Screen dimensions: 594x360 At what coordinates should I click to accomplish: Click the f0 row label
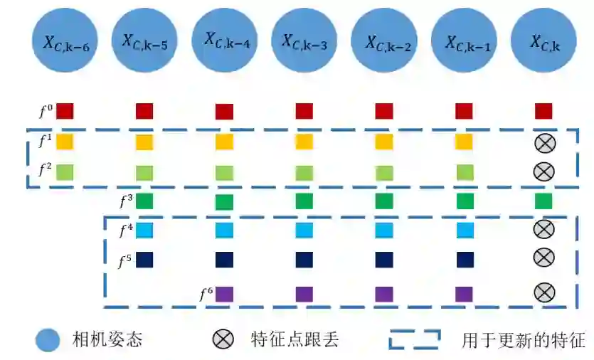45,111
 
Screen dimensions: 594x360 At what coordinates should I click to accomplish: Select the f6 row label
206,291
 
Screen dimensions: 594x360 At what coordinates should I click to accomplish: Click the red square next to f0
65,111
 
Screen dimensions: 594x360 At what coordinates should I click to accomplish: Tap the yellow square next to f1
65,142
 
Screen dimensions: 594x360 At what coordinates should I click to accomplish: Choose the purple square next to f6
225,293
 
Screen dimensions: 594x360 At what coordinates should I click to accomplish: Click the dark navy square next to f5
144,260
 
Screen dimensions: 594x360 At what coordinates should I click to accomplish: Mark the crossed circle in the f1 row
544,143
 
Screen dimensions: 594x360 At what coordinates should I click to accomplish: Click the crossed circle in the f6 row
544,291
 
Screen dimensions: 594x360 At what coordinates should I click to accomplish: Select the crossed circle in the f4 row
544,228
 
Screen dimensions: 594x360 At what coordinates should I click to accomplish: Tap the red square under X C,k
544,111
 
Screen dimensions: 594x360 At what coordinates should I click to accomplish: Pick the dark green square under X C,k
544,201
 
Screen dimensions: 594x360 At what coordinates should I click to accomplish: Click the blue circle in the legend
48,340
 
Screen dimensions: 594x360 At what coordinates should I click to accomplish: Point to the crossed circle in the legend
223,340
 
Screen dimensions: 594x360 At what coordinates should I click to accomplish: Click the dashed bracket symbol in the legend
414,340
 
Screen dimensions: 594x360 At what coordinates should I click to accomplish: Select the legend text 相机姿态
107,340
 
